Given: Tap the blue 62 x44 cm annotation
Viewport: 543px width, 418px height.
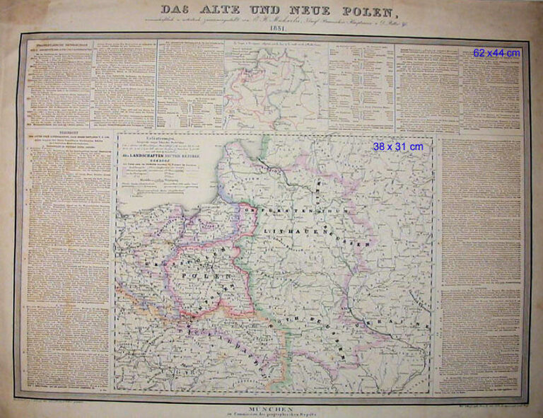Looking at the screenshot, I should click(497, 53).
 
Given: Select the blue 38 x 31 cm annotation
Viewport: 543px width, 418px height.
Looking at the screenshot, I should click(397, 146).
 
